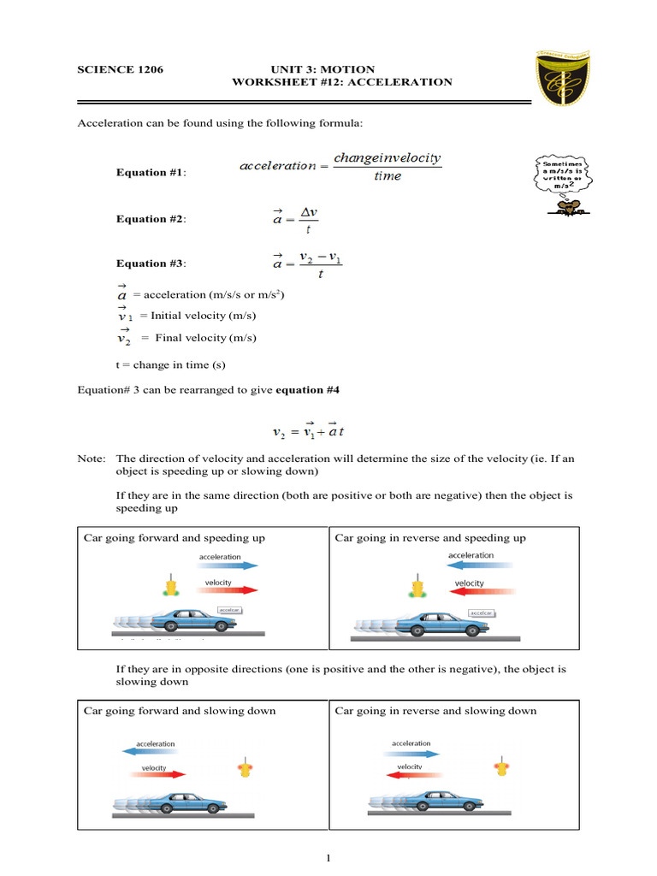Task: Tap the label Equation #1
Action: [151, 173]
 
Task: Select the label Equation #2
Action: [151, 219]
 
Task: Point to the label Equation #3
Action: [151, 263]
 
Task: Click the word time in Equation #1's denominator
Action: [388, 177]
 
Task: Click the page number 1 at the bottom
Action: [328, 859]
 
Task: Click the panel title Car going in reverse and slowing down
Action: [435, 711]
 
